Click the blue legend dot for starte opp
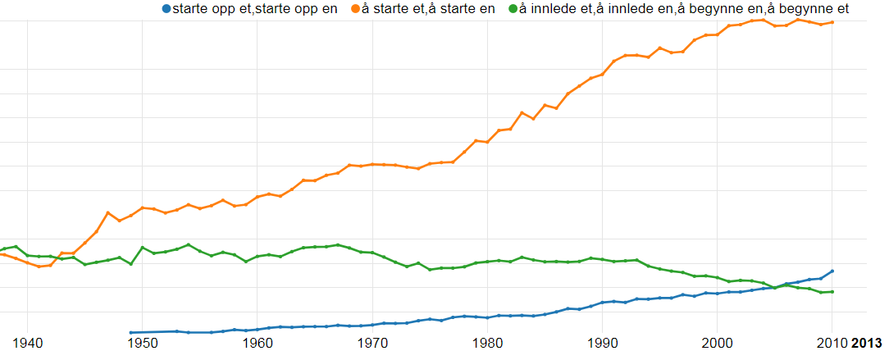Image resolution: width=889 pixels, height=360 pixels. (x=166, y=9)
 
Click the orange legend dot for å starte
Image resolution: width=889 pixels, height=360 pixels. (x=355, y=9)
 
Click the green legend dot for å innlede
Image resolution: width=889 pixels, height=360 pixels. (x=513, y=9)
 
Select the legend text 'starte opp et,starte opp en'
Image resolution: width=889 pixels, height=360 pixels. (x=255, y=9)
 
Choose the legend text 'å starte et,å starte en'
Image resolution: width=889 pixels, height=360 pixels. (x=428, y=9)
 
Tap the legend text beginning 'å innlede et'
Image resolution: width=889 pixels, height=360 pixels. (x=684, y=9)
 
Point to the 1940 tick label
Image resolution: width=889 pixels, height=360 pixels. (x=28, y=342)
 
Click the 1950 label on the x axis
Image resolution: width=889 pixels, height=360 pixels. (x=143, y=342)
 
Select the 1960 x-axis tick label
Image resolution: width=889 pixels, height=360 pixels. (x=258, y=342)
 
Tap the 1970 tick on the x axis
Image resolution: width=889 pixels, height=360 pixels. (x=373, y=342)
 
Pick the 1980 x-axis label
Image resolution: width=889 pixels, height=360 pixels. (x=488, y=342)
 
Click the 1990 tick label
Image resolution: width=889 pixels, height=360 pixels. (x=603, y=342)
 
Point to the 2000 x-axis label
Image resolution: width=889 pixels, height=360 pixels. (x=718, y=342)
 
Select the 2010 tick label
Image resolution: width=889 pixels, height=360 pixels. (x=832, y=342)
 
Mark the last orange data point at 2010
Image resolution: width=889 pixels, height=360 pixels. (x=832, y=22)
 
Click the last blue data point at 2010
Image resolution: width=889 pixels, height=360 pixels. (x=832, y=271)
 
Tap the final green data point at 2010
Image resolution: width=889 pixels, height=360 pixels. (x=832, y=292)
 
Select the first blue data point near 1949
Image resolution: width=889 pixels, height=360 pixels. (x=131, y=333)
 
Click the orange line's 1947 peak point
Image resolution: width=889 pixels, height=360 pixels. (x=107, y=213)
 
